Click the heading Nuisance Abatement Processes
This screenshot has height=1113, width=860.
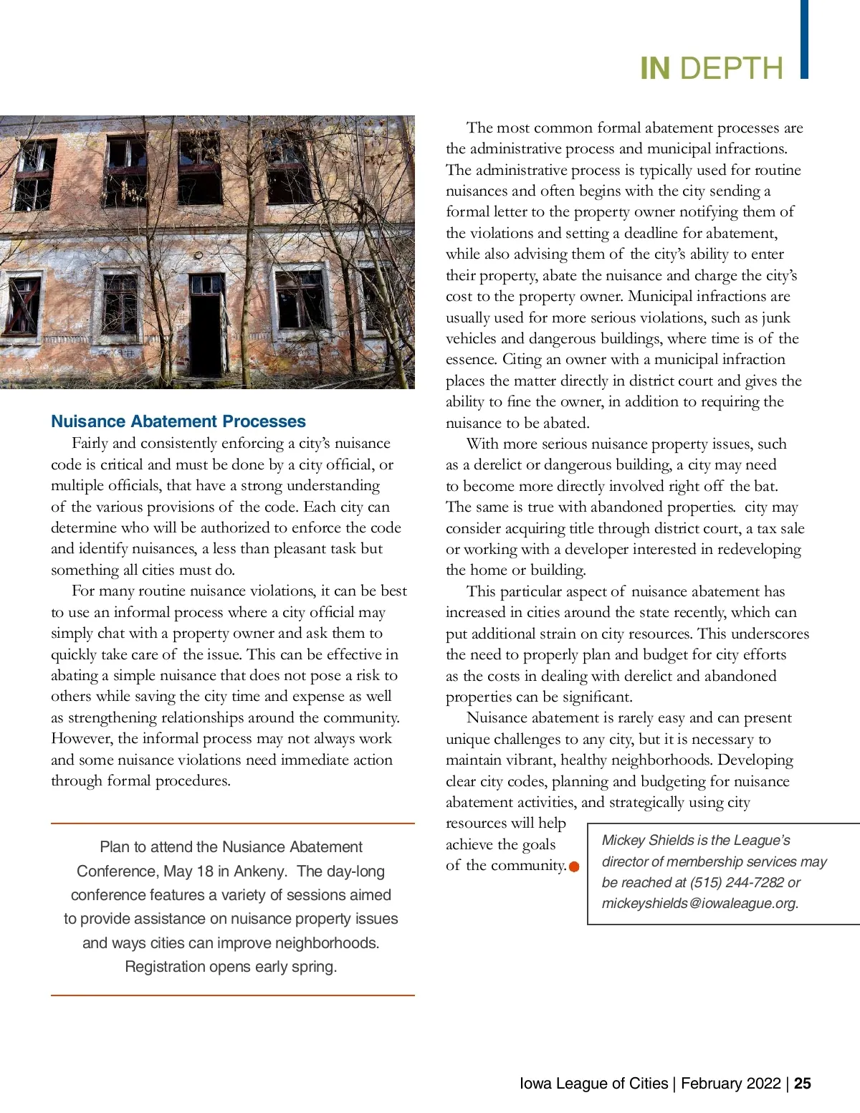click(x=178, y=421)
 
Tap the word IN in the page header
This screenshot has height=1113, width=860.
click(x=655, y=69)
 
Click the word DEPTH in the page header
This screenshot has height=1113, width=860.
click(x=731, y=69)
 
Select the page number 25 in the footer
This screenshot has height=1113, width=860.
click(x=803, y=1083)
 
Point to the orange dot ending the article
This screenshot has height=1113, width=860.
click(x=574, y=867)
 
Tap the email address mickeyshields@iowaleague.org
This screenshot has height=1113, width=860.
click(x=699, y=903)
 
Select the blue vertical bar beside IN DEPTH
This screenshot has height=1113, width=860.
click(x=804, y=39)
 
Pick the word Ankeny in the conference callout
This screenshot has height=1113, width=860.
click(x=260, y=871)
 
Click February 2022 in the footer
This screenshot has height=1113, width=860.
click(x=730, y=1083)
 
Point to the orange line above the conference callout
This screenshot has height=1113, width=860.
click(x=233, y=823)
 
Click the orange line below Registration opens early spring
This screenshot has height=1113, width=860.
click(x=233, y=995)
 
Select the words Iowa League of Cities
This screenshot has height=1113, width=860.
click(x=593, y=1083)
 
